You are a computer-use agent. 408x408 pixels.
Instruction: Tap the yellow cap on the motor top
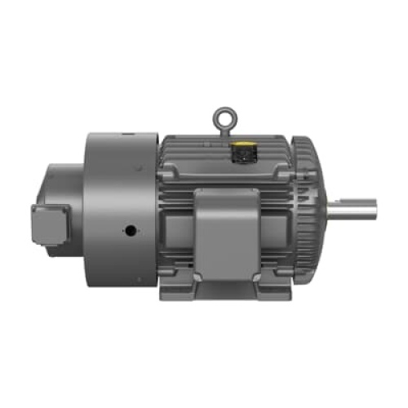pyautogui.click(x=242, y=149)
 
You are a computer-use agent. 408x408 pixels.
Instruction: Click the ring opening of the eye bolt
pyautogui.click(x=223, y=118)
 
